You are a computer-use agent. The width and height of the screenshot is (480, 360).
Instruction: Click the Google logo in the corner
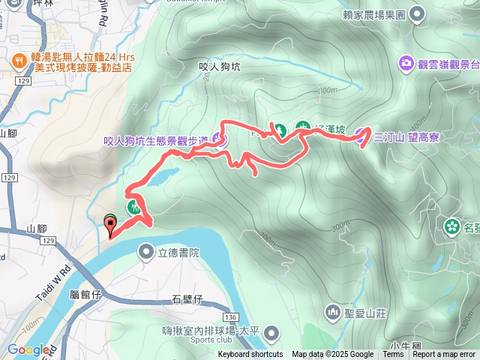[28, 349]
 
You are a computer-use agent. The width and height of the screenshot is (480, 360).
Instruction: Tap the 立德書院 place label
[179, 253]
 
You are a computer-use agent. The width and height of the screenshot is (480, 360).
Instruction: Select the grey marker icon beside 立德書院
[146, 253]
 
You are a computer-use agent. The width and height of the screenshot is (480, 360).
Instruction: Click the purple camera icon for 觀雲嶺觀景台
[406, 62]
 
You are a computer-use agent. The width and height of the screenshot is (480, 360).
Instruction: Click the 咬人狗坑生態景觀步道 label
[156, 139]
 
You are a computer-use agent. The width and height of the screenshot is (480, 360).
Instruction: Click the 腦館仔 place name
[84, 295]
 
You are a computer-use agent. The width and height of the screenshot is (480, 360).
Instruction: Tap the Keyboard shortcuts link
[250, 355]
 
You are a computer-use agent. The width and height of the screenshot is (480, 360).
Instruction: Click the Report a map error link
[445, 355]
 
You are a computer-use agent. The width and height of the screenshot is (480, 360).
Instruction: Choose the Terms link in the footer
[393, 355]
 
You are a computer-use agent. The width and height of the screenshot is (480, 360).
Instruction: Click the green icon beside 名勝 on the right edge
[452, 225]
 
